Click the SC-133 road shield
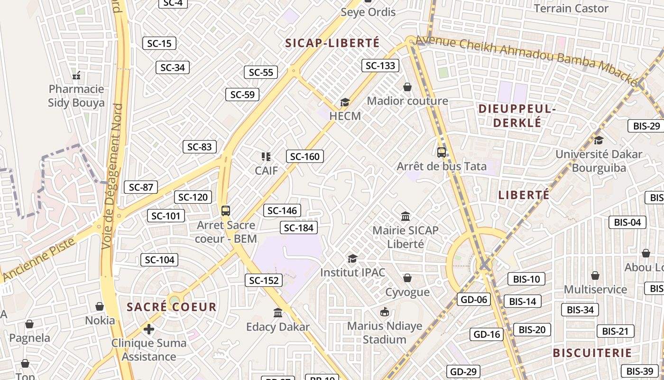pos(380,66)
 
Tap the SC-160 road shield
pos(304,156)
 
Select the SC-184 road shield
pos(299,228)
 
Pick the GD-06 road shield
pos(473,299)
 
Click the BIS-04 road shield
pos(627,222)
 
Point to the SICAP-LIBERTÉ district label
pos(332,43)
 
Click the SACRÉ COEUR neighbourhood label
pos(172,307)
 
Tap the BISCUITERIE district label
pos(592,353)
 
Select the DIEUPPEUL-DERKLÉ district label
pos(517,115)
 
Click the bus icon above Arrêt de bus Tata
pos(442,152)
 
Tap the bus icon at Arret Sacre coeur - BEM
pos(226,210)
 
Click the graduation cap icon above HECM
pos(345,102)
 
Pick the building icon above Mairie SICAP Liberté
pos(406,217)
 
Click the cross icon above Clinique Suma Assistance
pos(149,329)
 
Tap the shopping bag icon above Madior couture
pos(407,87)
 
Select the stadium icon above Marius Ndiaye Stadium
pos(385,312)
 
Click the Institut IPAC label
pos(352,273)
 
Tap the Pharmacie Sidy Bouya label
pos(76,96)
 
